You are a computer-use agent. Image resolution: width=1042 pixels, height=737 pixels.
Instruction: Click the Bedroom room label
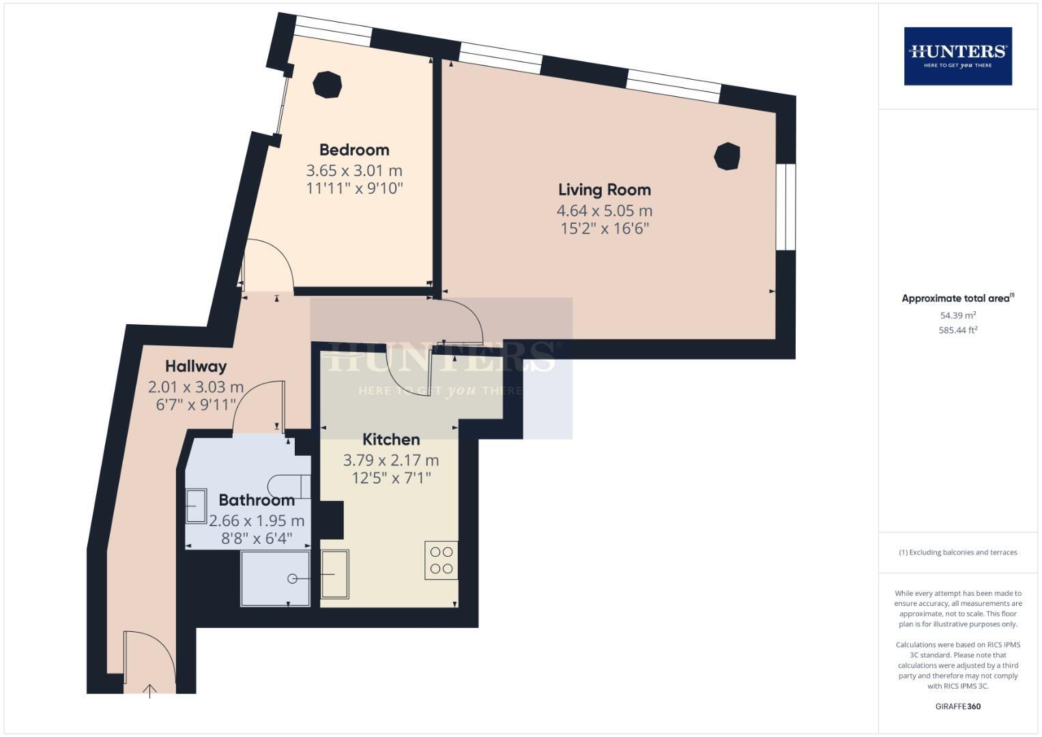point(354,150)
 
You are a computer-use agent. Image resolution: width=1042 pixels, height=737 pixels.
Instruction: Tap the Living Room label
point(605,190)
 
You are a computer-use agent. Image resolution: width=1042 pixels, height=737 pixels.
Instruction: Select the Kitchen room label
point(391,439)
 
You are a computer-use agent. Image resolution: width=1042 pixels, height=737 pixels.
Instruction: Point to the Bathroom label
point(257,500)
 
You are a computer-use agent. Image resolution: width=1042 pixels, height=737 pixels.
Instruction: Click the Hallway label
point(196,366)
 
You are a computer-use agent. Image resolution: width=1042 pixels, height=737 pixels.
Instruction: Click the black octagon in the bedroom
point(328,85)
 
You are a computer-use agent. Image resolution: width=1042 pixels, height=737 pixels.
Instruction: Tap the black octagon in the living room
point(727,156)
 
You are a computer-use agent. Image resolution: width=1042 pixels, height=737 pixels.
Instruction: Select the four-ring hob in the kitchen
point(441,560)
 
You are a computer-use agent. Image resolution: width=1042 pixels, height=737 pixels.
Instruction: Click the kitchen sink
point(334,574)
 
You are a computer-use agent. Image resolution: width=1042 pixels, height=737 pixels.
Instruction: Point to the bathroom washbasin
point(196,506)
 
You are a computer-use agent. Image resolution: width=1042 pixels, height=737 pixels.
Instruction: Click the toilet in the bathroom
point(289,486)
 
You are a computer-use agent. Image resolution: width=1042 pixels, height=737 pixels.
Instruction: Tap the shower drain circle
point(293,579)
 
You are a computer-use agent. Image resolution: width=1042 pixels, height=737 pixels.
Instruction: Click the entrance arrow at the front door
point(149,691)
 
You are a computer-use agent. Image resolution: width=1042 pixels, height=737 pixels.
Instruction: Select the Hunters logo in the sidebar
point(958,56)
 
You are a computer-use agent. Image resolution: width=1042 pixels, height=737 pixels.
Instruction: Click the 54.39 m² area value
point(958,315)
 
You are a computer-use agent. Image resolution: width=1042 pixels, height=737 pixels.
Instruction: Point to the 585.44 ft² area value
point(958,330)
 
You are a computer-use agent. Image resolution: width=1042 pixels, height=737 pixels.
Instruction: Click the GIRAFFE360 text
point(958,706)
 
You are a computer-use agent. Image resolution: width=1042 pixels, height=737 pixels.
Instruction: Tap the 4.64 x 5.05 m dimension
point(605,211)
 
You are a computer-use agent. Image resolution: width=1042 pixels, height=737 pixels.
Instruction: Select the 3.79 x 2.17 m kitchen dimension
point(391,460)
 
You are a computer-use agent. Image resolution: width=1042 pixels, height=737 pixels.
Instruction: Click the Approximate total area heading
point(958,298)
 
